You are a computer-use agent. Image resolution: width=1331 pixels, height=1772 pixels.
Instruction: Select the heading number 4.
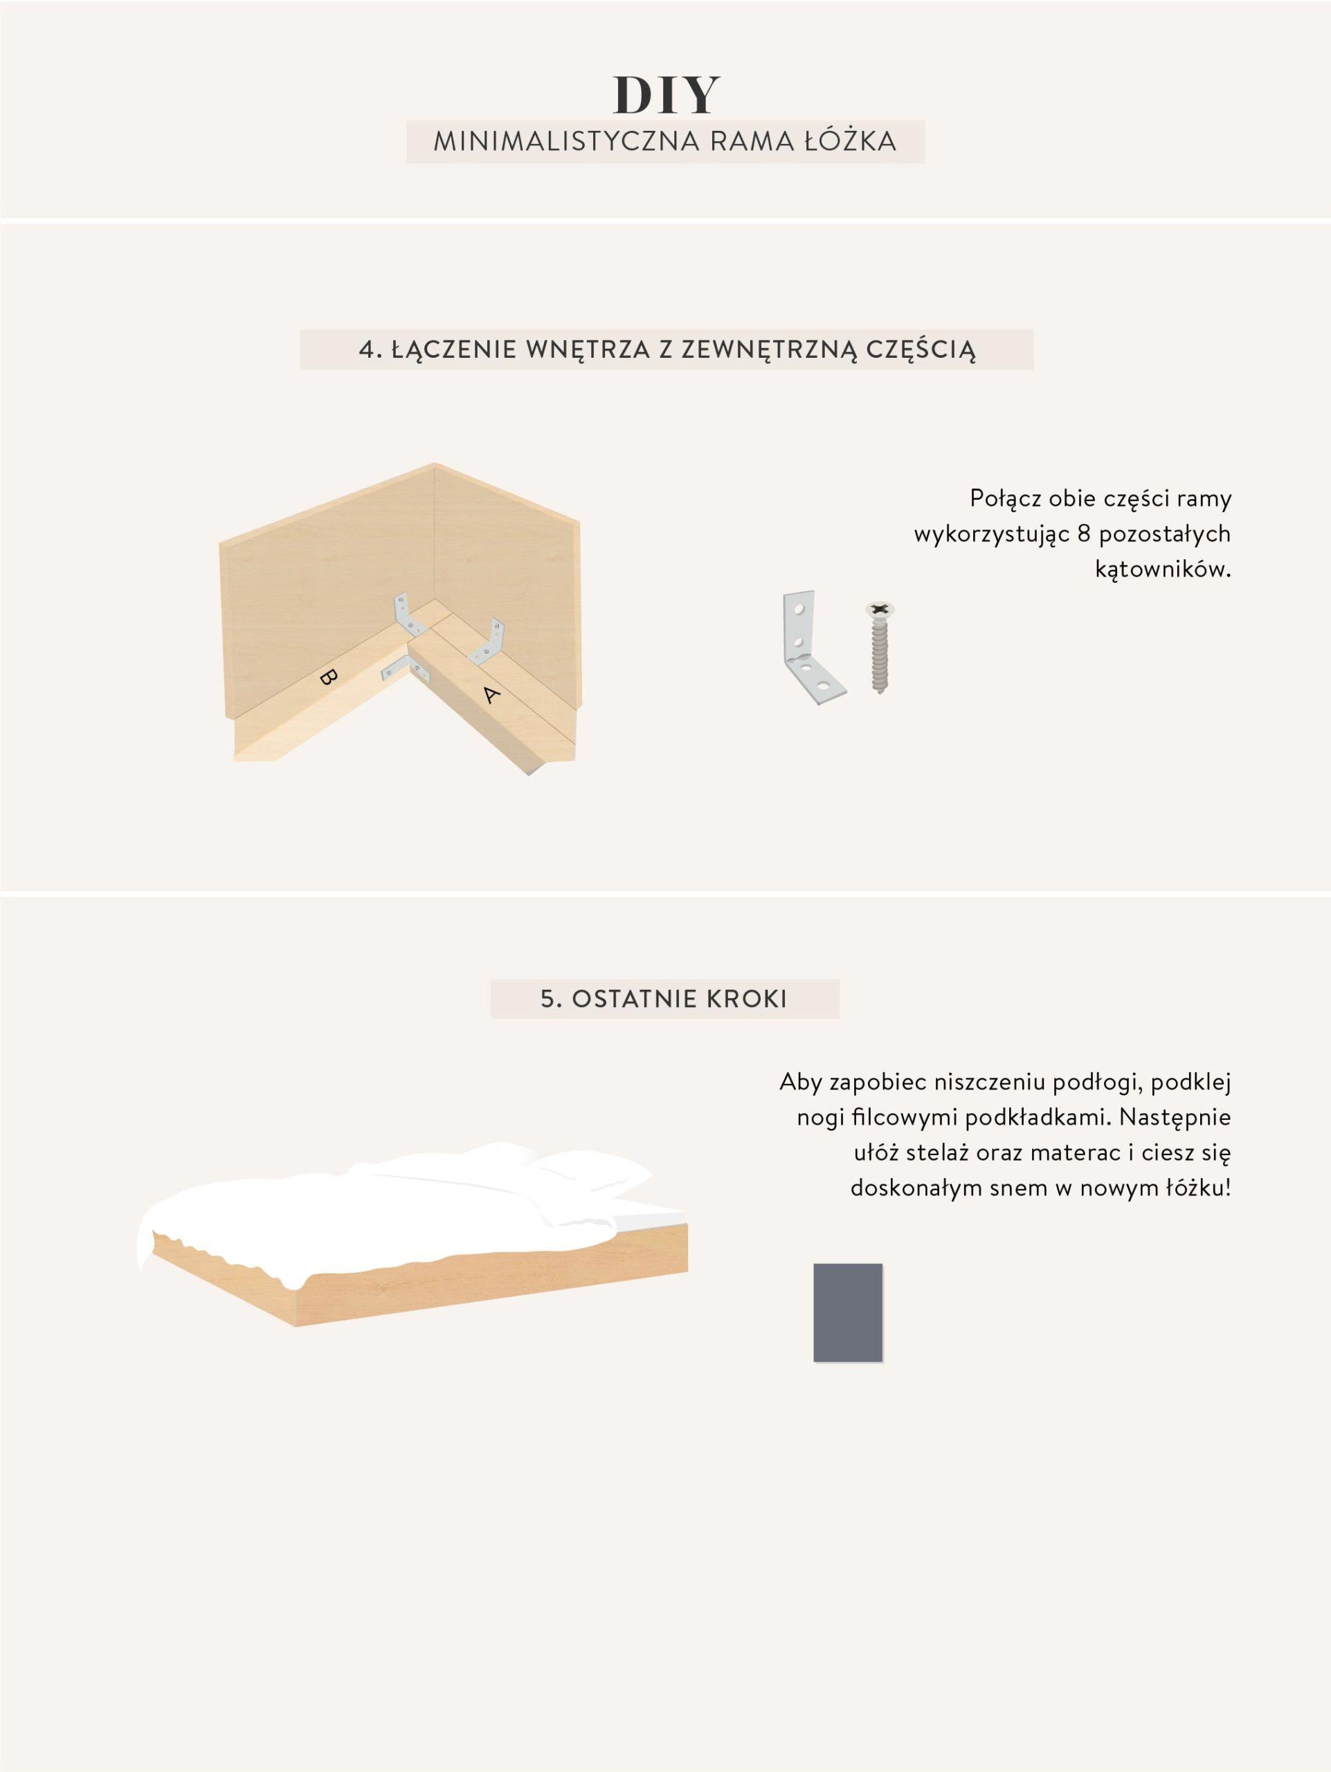tap(368, 350)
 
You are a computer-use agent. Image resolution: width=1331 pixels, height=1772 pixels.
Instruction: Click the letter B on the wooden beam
tap(327, 677)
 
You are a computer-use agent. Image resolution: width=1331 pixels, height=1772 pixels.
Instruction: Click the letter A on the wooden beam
tap(491, 694)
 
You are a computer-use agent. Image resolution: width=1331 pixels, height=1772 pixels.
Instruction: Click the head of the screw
tap(879, 610)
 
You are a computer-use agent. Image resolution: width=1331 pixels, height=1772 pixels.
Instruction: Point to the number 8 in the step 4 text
tap(1085, 534)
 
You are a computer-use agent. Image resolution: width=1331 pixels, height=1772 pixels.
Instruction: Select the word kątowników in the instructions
tap(1162, 570)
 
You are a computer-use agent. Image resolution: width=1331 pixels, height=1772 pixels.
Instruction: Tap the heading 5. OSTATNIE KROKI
tap(664, 999)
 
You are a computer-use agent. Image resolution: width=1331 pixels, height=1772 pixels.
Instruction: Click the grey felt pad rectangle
tap(847, 1312)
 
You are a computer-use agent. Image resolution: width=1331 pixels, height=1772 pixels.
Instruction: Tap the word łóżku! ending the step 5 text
tap(1195, 1187)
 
